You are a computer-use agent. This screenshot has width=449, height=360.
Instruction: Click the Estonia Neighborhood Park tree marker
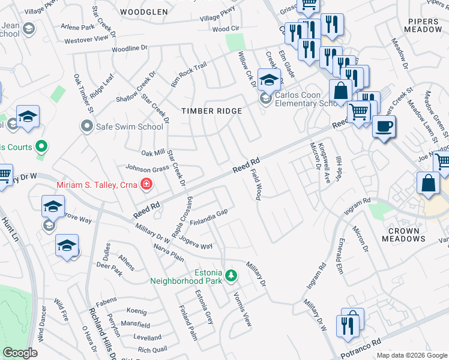(231, 276)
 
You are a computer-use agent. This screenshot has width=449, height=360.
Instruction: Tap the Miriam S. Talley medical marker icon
(145, 184)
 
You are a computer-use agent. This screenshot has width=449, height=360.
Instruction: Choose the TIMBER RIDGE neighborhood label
(212, 111)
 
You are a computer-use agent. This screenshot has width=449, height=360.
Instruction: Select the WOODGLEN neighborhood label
(143, 12)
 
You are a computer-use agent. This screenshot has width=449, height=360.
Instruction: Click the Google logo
(20, 353)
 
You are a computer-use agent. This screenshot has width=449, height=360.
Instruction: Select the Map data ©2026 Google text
(411, 355)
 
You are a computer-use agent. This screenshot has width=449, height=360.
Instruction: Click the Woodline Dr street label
(128, 48)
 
